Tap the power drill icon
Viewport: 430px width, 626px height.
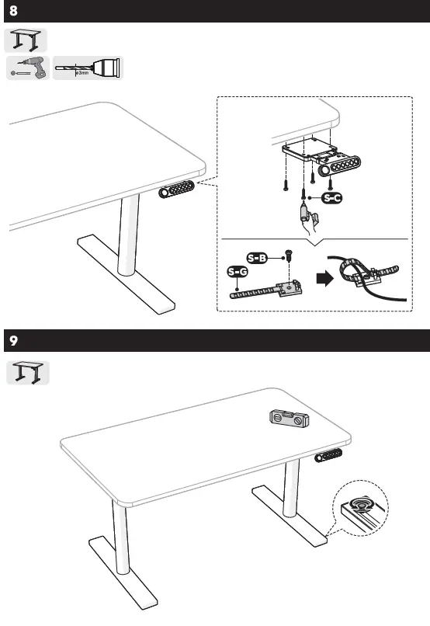(28, 68)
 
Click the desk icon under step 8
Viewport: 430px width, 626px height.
(26, 40)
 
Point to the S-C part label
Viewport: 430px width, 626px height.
(331, 199)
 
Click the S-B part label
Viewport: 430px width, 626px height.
(256, 257)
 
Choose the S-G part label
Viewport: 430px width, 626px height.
(238, 272)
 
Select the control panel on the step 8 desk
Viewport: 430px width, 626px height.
(179, 192)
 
